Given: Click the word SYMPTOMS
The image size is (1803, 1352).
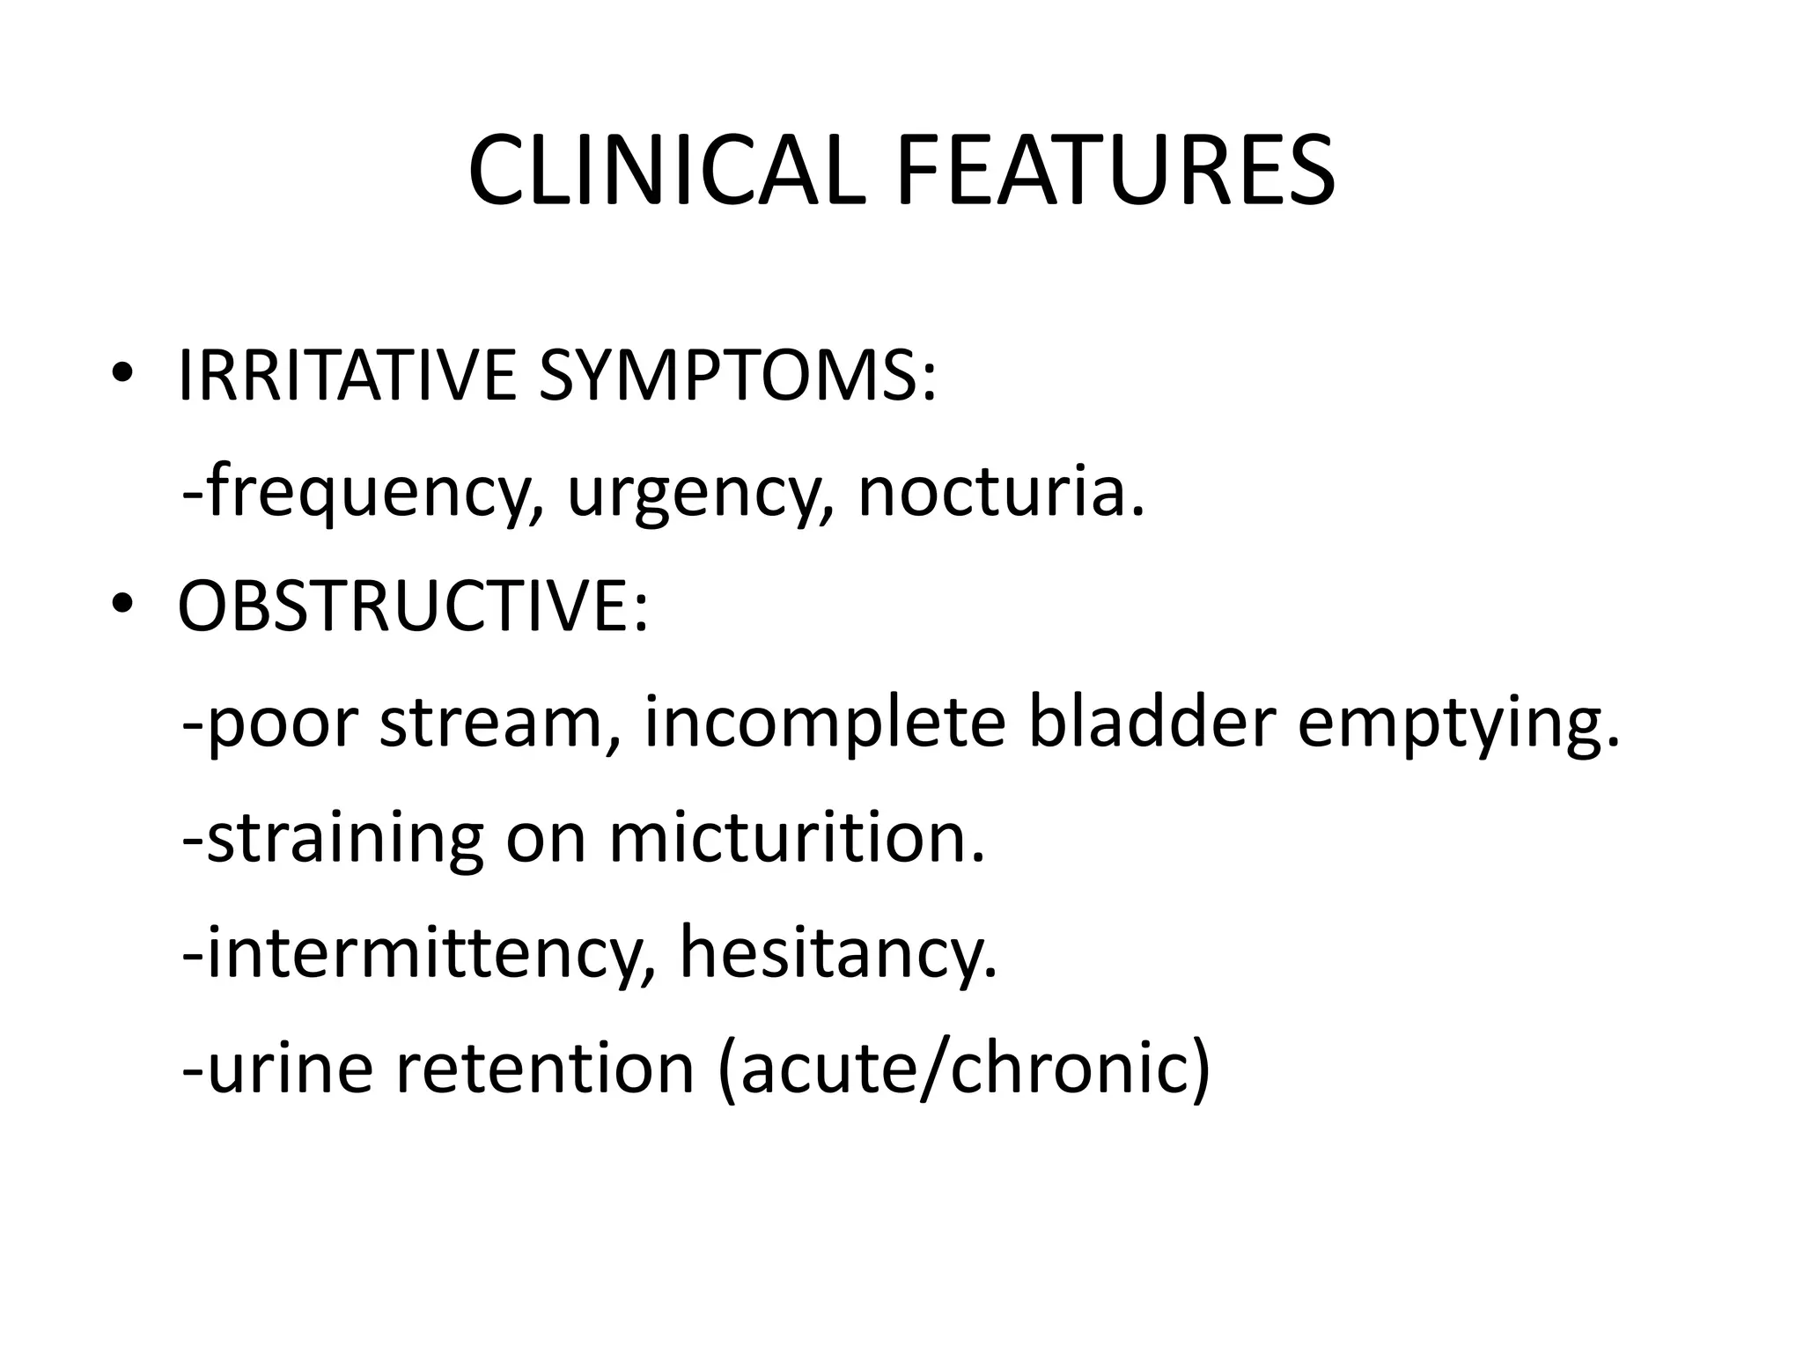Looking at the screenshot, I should click(x=737, y=376).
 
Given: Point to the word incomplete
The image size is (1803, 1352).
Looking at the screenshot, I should click(x=824, y=724).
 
